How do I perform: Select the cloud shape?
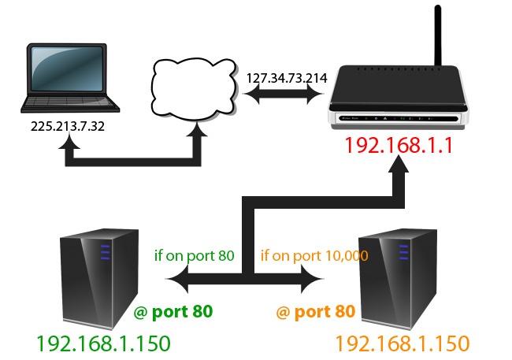click(194, 87)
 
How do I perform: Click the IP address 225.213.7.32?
click(70, 128)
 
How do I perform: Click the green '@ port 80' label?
click(174, 313)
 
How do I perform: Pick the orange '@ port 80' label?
click(315, 313)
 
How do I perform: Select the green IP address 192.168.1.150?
click(103, 343)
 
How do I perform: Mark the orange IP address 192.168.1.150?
click(403, 343)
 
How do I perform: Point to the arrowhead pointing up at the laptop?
click(71, 146)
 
